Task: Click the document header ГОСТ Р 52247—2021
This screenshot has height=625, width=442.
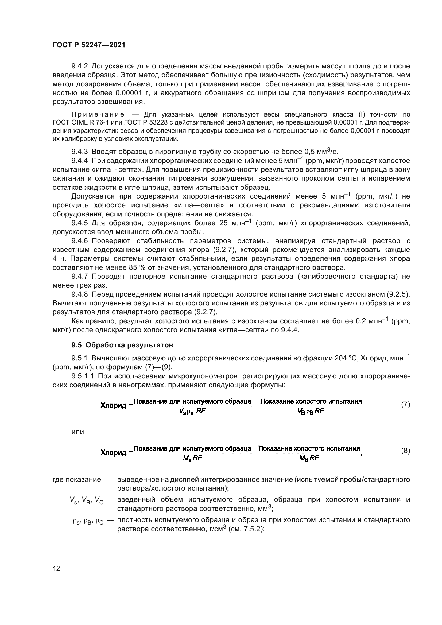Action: (89, 45)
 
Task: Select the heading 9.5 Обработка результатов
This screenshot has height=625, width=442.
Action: (122, 345)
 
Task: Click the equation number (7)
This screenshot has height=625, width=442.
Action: (406, 405)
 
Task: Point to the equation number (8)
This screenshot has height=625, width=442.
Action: (406, 451)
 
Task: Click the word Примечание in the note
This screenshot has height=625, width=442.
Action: (98, 114)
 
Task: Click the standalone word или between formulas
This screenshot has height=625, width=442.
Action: (77, 432)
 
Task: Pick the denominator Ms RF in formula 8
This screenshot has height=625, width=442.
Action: (192, 458)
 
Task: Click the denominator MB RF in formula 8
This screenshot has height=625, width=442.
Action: (309, 458)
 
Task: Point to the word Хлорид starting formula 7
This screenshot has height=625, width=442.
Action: (113, 406)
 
